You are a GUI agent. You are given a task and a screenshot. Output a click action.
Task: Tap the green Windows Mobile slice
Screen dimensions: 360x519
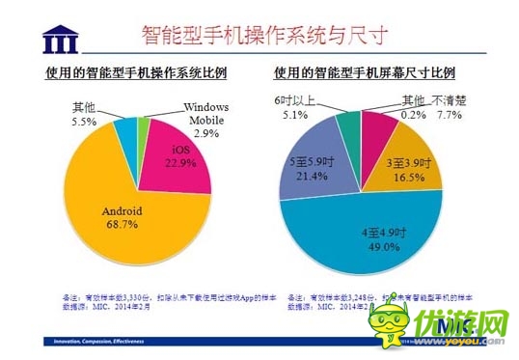pyautogui.click(x=143, y=126)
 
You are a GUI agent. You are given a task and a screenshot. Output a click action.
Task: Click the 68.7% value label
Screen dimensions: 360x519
pyautogui.click(x=123, y=224)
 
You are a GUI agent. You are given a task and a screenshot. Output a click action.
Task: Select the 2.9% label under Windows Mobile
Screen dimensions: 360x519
pyautogui.click(x=206, y=134)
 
